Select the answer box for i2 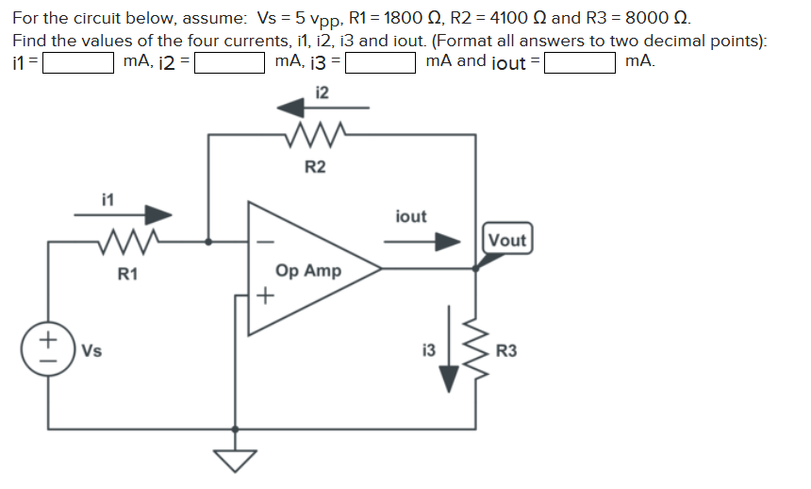[x=229, y=63]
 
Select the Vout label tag [x=507, y=240]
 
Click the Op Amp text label [x=308, y=271]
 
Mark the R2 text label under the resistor [x=315, y=167]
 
